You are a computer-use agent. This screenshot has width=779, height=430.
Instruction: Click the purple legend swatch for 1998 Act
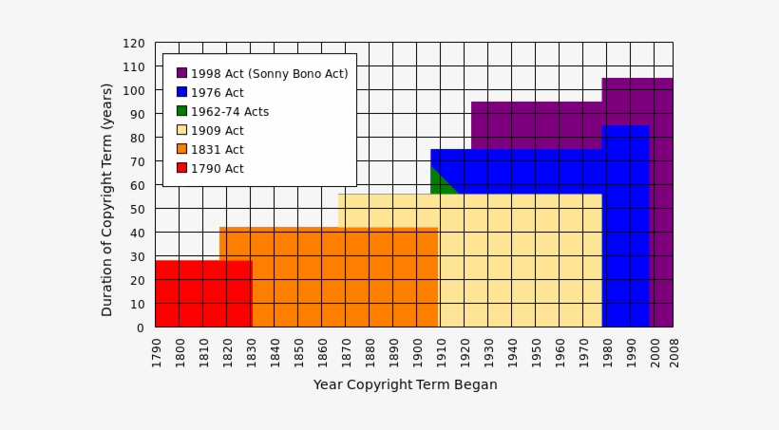[x=181, y=73]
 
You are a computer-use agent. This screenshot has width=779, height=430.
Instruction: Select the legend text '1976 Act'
[x=217, y=93]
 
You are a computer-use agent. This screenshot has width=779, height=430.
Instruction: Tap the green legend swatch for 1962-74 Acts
[x=181, y=111]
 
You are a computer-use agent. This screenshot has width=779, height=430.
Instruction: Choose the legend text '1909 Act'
[x=217, y=131]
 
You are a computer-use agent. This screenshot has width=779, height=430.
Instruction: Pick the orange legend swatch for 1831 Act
[x=181, y=149]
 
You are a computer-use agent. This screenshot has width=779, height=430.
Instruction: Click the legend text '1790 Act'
[x=217, y=169]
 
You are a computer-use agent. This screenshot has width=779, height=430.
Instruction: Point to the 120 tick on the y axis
[x=133, y=44]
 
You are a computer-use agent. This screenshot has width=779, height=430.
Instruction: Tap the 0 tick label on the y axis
[x=141, y=327]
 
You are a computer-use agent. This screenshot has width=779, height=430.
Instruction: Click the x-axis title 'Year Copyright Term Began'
[x=405, y=385]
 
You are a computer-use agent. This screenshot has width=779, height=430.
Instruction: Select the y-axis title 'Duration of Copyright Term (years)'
[x=107, y=199]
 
